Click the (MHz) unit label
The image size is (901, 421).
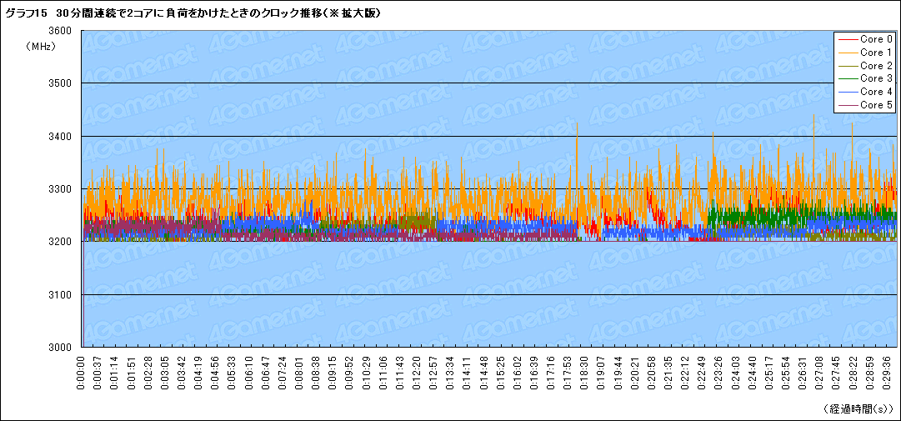[41, 47]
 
